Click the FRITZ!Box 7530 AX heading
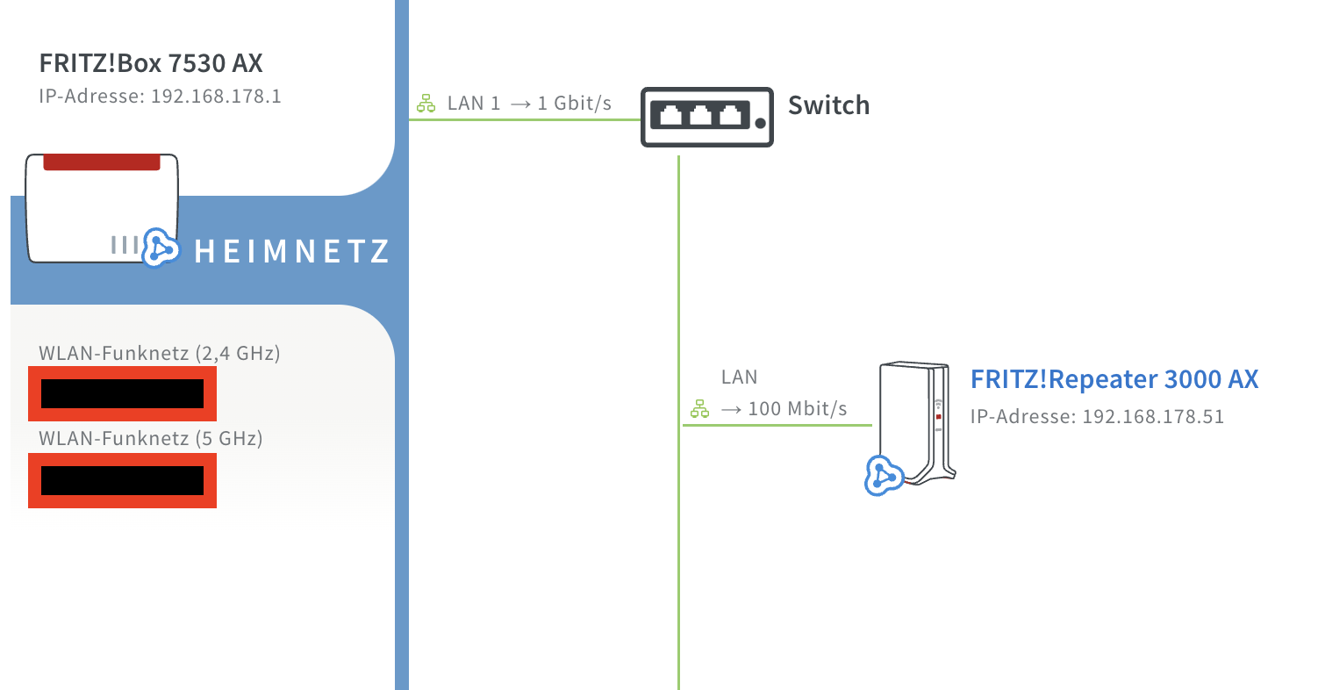coord(151,64)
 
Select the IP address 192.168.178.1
coord(216,96)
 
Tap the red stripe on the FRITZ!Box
coord(102,162)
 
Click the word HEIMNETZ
coord(291,253)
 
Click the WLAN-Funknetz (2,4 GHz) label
coord(160,354)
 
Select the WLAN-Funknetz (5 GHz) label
coord(151,437)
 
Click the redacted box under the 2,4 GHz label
coord(122,394)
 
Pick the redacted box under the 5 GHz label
coord(122,480)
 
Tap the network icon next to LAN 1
coord(426,104)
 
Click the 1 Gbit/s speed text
coord(574,104)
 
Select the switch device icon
coord(707,117)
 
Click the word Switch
coord(828,105)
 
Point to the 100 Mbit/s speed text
coord(797,408)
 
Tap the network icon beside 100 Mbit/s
coord(699,409)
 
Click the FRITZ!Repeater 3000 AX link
coord(1114,379)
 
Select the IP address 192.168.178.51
coord(1153,416)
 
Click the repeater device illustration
coord(917,421)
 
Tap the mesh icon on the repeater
coord(884,475)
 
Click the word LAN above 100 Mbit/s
coord(739,377)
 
